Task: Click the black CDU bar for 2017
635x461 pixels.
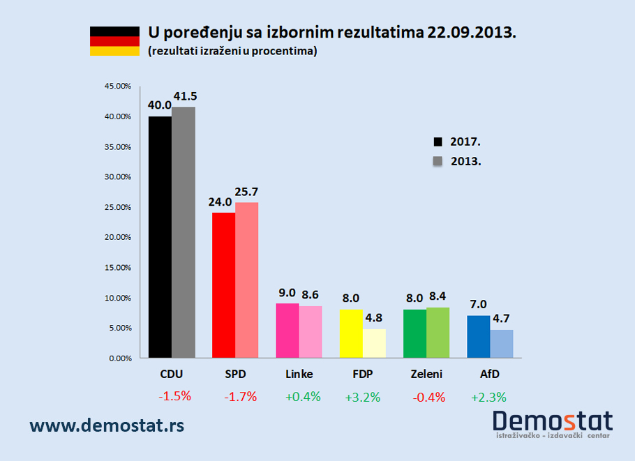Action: (x=160, y=237)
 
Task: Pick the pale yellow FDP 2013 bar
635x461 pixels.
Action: (x=374, y=344)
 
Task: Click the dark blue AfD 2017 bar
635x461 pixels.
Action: (x=478, y=337)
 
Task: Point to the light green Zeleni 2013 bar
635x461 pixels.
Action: (x=438, y=333)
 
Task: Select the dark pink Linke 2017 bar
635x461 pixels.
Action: (x=287, y=331)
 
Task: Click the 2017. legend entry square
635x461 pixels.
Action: (x=438, y=142)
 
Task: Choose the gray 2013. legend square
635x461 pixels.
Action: (x=438, y=161)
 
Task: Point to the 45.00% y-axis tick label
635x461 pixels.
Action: (x=118, y=86)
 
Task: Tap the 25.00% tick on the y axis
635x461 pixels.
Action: (x=118, y=207)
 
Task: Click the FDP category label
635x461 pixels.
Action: (x=362, y=375)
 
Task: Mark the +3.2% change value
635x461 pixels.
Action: (x=362, y=397)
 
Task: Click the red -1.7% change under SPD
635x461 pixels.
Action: (x=241, y=397)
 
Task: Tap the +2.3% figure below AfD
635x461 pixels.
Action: (x=488, y=397)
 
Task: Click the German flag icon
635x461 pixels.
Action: (x=114, y=41)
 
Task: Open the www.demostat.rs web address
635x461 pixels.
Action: (x=107, y=423)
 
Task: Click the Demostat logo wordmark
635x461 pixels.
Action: (x=552, y=421)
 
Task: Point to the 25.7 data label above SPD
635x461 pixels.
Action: (x=246, y=192)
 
